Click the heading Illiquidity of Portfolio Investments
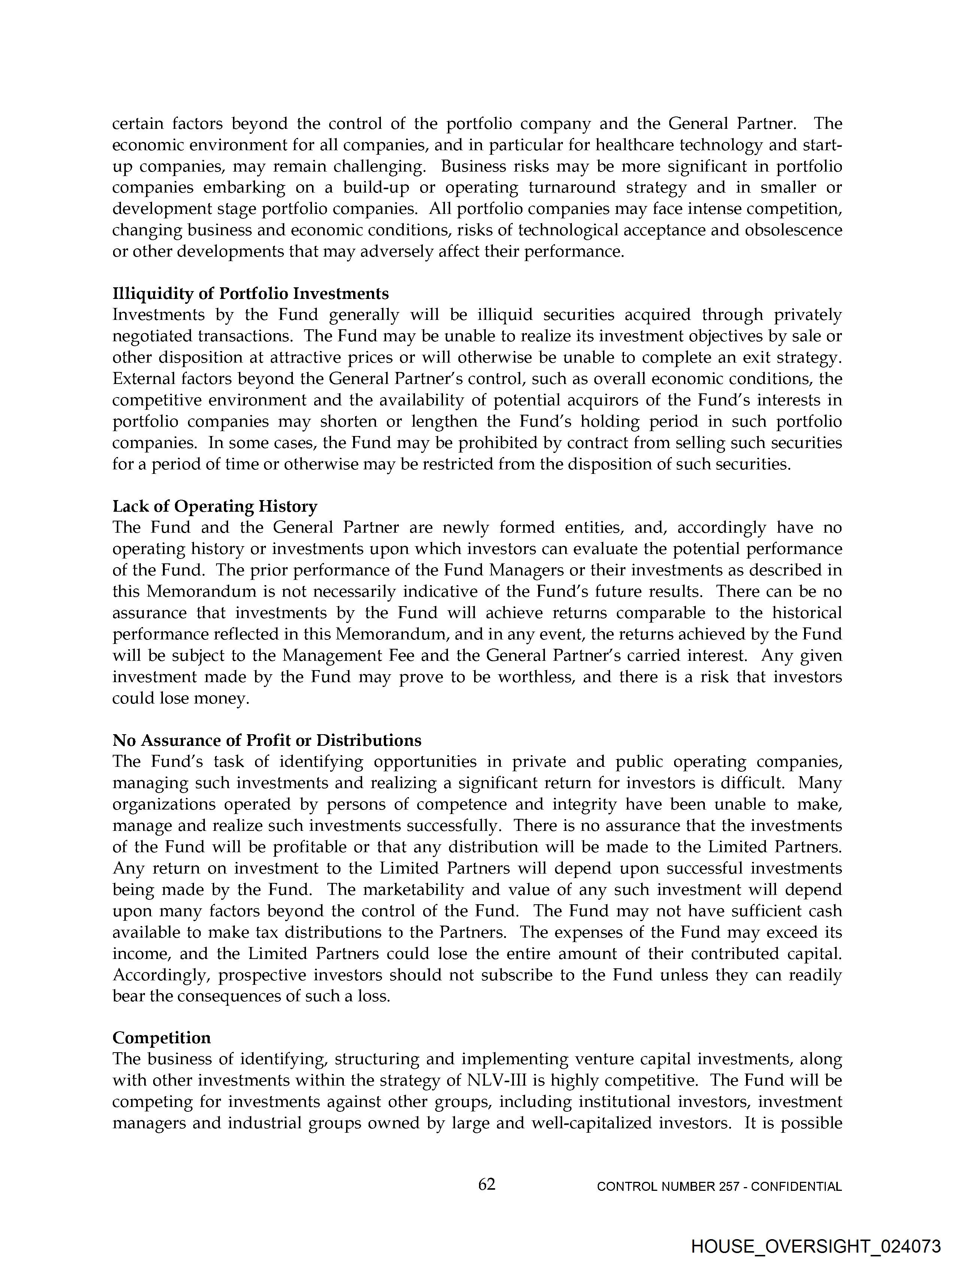pos(251,293)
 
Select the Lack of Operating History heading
pos(215,506)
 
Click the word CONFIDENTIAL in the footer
pos(797,1187)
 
